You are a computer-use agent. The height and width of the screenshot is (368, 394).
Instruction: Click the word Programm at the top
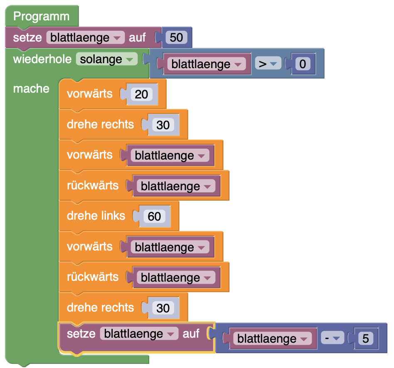pos(41,17)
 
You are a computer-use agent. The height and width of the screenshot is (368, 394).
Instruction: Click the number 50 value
pos(176,38)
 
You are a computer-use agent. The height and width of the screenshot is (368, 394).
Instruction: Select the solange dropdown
pos(106,59)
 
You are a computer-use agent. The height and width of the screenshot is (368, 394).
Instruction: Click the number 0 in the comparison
pos(302,64)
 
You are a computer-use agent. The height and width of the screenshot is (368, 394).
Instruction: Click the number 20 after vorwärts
pos(141,94)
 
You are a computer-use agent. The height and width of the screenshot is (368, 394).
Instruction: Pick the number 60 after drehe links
pos(154,216)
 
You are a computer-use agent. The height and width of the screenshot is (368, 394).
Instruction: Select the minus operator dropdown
pos(331,339)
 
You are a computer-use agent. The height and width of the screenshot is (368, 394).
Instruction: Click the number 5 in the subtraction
pos(365,339)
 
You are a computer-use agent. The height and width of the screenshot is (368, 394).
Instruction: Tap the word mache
pos(31,89)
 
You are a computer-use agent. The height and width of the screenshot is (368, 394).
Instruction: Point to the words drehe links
pos(96,216)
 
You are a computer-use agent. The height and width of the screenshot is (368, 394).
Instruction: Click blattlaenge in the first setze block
pos(85,38)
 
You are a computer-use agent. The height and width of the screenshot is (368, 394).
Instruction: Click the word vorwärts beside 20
pos(89,94)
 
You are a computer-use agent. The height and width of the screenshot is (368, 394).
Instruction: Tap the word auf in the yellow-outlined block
pos(191,334)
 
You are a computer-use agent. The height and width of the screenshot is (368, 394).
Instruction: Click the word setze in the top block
pos(27,38)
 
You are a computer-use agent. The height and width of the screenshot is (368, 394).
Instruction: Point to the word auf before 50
pos(137,38)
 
